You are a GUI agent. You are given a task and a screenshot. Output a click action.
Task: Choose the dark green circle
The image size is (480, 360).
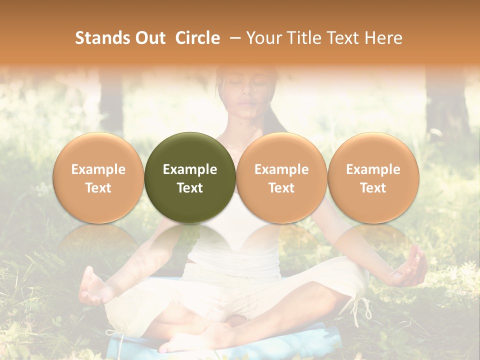(x=190, y=177)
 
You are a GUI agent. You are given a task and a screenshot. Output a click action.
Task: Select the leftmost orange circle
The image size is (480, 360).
(x=98, y=177)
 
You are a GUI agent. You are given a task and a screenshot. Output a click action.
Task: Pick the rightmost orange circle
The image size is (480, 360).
(x=373, y=177)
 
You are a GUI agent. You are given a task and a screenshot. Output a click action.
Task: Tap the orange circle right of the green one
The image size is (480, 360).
(x=281, y=177)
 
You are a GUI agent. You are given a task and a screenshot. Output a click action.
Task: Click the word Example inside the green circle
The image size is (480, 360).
(x=190, y=169)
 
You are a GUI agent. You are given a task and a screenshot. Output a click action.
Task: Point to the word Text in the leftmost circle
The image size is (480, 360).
(x=98, y=188)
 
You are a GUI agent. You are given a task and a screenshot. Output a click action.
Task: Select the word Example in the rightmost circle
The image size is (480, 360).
(x=373, y=169)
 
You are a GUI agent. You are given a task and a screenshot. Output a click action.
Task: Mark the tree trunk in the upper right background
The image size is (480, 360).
(x=447, y=100)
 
